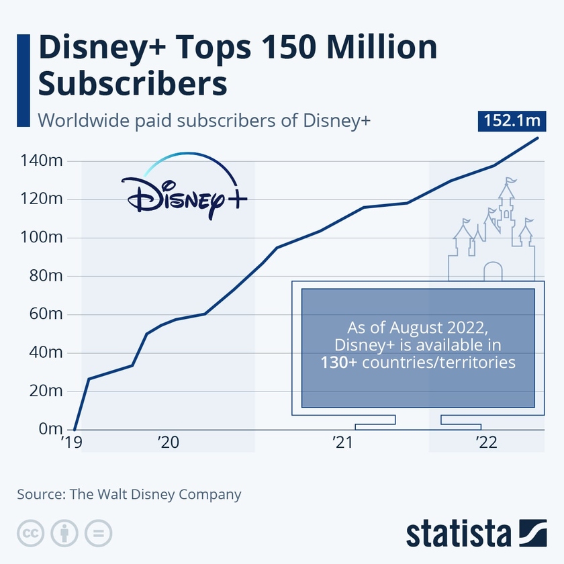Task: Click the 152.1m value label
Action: pos(512,121)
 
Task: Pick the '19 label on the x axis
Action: pos(71,442)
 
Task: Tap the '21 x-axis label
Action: pos(344,442)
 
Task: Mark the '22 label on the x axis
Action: pos(486,442)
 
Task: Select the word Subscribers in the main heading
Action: pos(132,85)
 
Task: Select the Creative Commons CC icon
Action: pos(30,533)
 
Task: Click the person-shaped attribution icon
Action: pos(64,533)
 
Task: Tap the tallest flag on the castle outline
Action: pos(512,180)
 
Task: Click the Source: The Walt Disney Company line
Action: pos(129,495)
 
